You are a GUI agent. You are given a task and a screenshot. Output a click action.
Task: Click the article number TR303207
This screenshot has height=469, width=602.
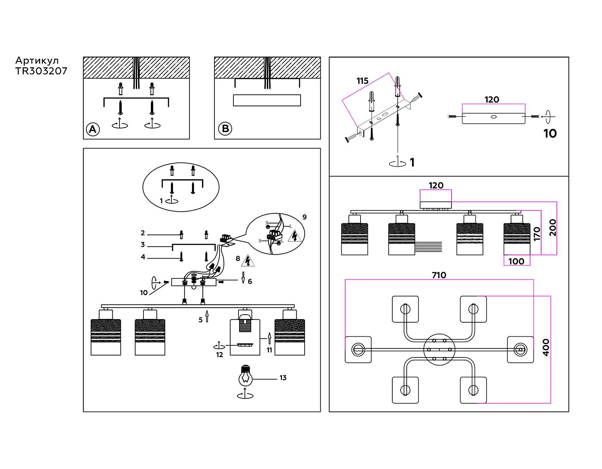[x=41, y=71]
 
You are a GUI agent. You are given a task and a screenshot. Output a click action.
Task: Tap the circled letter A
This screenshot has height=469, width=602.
[x=93, y=129]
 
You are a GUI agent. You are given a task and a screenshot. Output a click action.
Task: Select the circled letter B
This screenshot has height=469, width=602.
[x=225, y=129]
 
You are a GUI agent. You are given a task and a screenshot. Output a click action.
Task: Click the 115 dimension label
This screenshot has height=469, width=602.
[x=362, y=81]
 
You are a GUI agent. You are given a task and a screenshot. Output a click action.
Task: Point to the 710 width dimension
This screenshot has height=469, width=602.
[x=439, y=275]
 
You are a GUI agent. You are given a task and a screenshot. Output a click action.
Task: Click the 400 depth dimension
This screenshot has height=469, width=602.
[x=546, y=347]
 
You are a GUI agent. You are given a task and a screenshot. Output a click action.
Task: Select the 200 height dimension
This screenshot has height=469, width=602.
[x=553, y=227]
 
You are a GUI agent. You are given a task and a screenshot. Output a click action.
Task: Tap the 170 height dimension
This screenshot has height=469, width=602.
[x=537, y=234]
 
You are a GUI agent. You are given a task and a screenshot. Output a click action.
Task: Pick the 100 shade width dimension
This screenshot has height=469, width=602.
[x=516, y=261]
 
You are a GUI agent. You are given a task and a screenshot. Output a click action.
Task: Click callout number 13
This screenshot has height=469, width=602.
[x=283, y=378]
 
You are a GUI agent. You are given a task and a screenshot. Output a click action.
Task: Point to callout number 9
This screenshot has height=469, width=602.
[x=304, y=217]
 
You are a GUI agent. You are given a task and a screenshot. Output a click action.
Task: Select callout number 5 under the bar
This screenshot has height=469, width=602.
[x=200, y=320]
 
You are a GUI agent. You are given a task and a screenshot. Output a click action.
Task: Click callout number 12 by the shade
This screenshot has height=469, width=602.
[x=219, y=355]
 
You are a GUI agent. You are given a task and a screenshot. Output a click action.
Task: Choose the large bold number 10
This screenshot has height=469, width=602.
[x=550, y=134]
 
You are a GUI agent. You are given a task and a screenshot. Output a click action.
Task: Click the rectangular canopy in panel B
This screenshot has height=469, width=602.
[x=267, y=100]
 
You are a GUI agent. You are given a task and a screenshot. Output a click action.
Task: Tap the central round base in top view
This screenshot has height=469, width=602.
[x=439, y=350]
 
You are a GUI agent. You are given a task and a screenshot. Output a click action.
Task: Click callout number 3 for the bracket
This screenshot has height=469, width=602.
[x=143, y=245]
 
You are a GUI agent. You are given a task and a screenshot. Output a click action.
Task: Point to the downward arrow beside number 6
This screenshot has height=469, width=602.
[x=243, y=277]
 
